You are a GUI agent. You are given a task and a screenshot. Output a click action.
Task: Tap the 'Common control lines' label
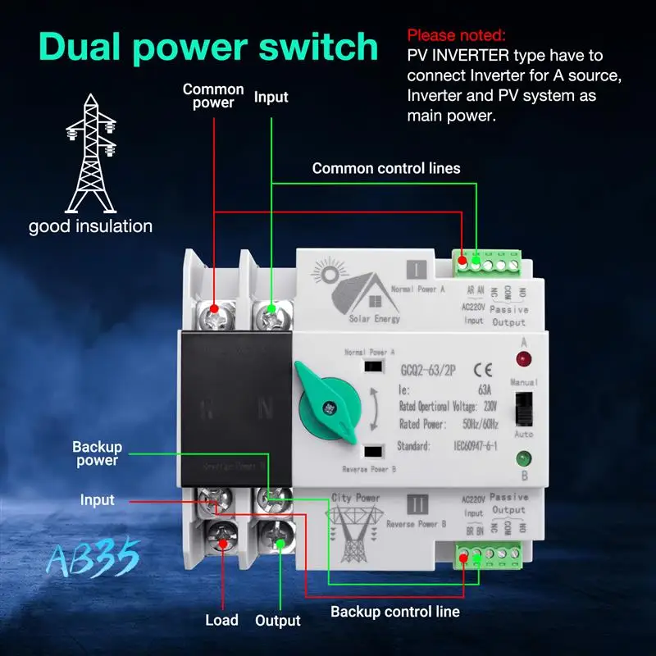click(x=386, y=168)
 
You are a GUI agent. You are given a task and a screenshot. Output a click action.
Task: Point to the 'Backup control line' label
click(x=395, y=612)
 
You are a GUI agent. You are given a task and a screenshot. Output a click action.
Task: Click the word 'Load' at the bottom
click(x=221, y=621)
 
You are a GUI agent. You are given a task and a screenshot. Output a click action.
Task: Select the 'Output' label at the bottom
click(x=278, y=621)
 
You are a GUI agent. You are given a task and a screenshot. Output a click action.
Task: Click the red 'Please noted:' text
click(x=457, y=35)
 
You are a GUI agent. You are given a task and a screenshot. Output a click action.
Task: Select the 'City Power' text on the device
click(x=355, y=498)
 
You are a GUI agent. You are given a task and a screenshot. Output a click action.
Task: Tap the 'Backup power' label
click(x=97, y=453)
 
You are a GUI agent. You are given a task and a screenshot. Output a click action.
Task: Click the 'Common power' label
click(x=213, y=96)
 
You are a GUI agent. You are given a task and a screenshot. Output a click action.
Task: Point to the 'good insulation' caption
click(x=90, y=226)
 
